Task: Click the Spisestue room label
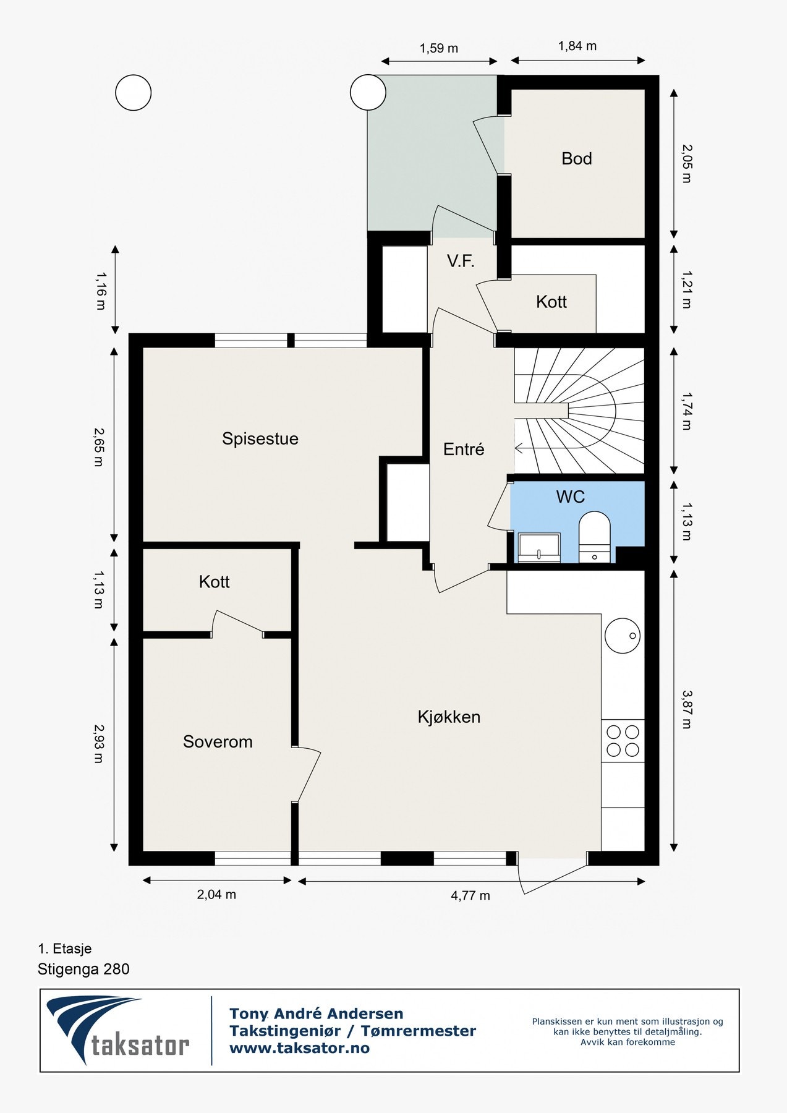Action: [260, 439]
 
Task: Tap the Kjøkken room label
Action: [449, 717]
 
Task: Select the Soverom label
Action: [218, 741]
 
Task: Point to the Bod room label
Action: [577, 159]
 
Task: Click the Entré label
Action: [464, 450]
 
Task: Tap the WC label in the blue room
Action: [570, 497]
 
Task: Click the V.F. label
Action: [461, 261]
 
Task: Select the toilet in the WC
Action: [594, 537]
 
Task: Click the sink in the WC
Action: [539, 548]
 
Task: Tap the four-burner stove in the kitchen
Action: [623, 741]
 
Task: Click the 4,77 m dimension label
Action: [470, 895]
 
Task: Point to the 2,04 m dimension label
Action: [216, 894]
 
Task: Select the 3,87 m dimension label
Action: [686, 709]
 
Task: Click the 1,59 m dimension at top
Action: [439, 48]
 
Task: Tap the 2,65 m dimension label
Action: [98, 446]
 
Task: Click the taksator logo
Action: [118, 1031]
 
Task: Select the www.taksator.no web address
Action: [299, 1048]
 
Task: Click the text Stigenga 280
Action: [83, 969]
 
